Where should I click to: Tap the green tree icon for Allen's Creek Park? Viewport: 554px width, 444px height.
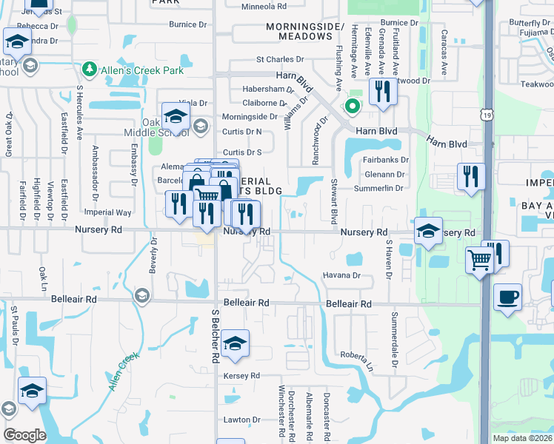90,70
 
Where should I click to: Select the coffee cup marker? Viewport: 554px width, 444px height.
507,298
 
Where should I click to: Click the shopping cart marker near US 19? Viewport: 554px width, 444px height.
479,260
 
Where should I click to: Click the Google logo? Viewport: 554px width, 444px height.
24,435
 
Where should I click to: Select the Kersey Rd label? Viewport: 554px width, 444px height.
241,376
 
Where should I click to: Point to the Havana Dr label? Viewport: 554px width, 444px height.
341,275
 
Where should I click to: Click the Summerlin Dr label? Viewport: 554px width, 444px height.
378,188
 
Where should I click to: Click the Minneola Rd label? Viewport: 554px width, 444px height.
264,7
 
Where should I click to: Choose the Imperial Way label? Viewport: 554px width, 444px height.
109,212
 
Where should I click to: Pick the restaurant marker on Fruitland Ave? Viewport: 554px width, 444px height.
382,92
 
